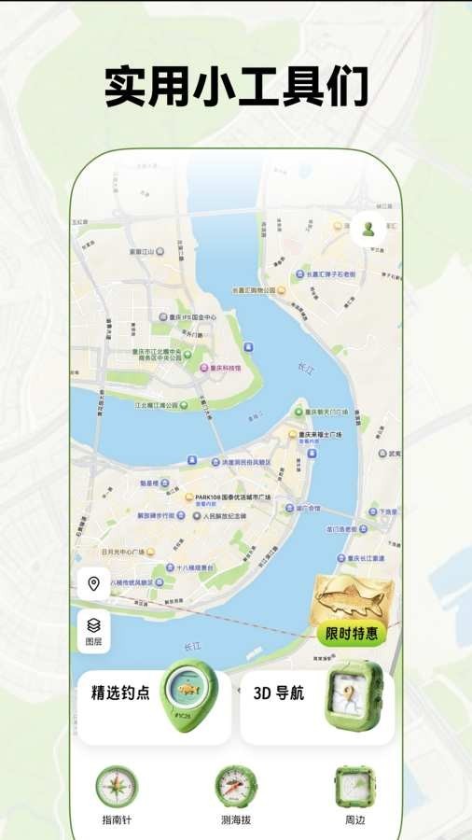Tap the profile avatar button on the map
368,230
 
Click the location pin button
93,585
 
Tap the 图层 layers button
93,630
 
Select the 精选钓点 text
120,693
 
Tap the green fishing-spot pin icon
187,694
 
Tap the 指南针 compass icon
118,787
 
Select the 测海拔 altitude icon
235,787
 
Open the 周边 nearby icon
354,787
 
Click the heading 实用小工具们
236,87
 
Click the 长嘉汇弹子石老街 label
326,274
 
